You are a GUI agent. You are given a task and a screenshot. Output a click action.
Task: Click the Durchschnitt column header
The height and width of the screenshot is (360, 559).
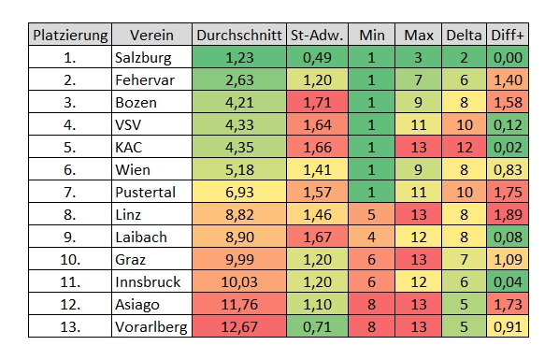[239, 36]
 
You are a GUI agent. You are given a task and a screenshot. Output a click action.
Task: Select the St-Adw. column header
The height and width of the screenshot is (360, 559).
[317, 36]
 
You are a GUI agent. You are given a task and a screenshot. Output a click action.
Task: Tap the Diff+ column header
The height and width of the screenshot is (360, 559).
[508, 36]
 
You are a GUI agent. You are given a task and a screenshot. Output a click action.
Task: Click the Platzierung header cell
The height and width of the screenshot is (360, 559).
[70, 36]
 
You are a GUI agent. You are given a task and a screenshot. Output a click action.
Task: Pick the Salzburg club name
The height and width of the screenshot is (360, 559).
[143, 58]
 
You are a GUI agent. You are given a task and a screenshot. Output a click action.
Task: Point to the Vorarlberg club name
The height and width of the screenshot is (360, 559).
[151, 327]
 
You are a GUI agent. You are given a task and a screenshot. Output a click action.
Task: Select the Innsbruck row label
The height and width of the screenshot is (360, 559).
[148, 282]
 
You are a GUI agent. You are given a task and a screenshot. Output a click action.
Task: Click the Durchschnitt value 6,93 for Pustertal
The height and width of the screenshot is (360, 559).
[239, 193]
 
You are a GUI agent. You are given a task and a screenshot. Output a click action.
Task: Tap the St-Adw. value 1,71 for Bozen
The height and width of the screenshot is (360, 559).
[317, 103]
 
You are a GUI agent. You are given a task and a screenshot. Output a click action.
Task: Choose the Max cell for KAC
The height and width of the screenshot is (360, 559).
[419, 148]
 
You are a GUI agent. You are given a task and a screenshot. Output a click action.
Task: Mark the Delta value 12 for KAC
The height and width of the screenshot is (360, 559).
[465, 148]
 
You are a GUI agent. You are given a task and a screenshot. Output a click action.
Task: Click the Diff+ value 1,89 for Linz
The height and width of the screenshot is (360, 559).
[508, 215]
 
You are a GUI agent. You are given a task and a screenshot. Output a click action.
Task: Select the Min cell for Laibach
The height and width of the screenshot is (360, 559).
[371, 238]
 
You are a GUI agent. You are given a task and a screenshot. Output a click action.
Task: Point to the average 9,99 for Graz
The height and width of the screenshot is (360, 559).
[239, 260]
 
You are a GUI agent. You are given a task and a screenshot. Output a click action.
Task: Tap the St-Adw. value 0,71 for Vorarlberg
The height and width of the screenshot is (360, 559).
[317, 327]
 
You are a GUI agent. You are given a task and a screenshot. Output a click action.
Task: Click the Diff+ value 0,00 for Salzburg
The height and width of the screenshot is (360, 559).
[508, 58]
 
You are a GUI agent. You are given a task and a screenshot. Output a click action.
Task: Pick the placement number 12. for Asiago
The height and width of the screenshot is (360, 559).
[70, 305]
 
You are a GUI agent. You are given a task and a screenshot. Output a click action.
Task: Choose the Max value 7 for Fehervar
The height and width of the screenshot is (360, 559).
[419, 80]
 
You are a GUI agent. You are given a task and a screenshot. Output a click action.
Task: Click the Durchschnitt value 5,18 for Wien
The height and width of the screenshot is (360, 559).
[239, 170]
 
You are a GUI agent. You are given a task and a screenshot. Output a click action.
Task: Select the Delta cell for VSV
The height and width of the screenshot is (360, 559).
[465, 125]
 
